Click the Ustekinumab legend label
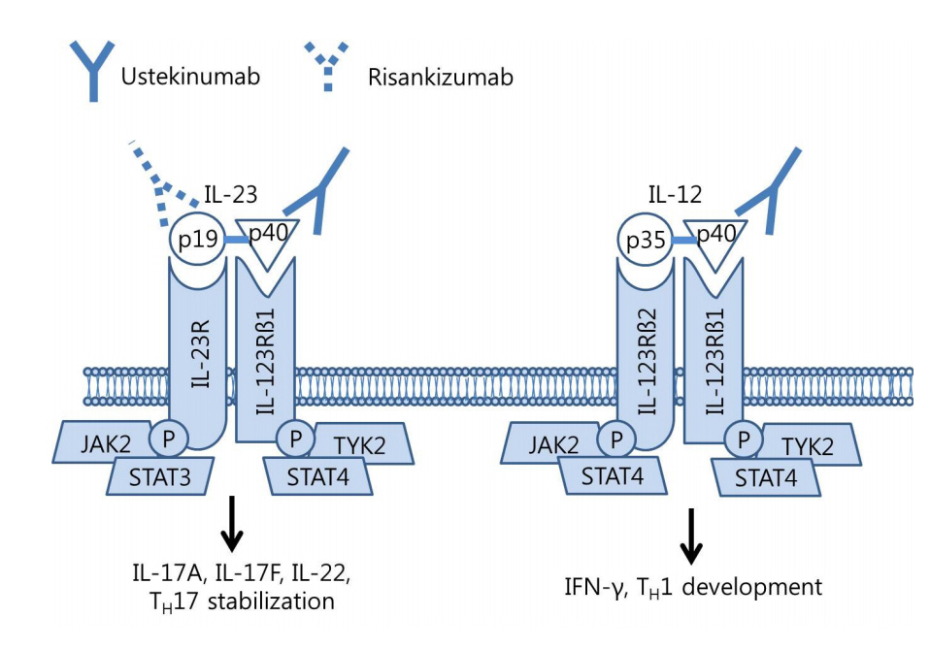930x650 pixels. [190, 77]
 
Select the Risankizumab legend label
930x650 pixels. [440, 78]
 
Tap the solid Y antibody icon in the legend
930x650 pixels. [92, 71]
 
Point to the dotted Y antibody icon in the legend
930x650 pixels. [327, 66]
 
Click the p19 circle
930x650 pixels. [197, 240]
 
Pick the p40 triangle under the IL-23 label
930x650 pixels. [268, 240]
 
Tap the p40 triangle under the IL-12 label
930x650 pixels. [715, 240]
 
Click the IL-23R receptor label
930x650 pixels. [202, 354]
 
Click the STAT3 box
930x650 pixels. [160, 477]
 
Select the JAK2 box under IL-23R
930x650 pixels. [105, 442]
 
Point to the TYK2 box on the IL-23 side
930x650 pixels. [360, 444]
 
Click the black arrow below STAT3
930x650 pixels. [232, 524]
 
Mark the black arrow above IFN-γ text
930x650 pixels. [691, 536]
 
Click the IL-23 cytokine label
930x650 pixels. [231, 194]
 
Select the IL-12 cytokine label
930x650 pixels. [676, 194]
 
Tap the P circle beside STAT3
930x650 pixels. [169, 439]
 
